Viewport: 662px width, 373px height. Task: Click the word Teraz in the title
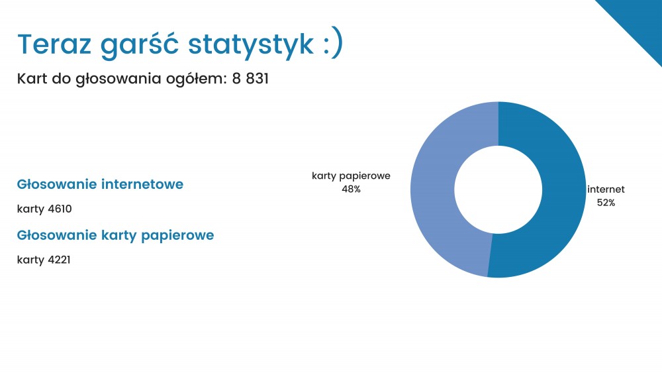tap(54, 44)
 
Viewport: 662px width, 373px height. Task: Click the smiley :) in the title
tap(333, 44)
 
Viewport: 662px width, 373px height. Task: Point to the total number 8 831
tap(250, 79)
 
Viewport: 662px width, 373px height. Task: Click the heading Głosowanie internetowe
tap(100, 184)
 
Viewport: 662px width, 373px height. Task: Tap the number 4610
tap(60, 209)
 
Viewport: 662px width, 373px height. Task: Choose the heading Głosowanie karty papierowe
tap(115, 235)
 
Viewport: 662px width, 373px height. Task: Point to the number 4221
tap(59, 259)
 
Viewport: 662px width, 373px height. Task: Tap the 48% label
tap(352, 189)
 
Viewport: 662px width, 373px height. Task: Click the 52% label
tap(606, 203)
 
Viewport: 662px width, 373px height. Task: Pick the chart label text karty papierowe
tap(352, 176)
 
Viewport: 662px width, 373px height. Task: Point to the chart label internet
tap(606, 189)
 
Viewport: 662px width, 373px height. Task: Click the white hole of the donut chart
tap(498, 189)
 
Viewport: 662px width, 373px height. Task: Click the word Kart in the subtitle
tap(32, 79)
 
